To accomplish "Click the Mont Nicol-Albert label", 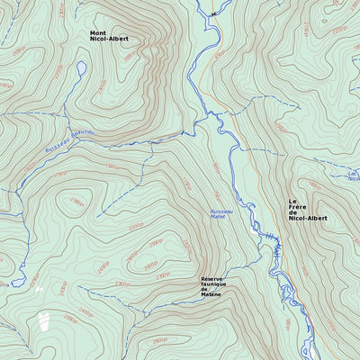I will coord(107,37).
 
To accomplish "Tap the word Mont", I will coord(97,33).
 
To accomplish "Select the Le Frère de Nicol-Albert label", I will coord(308,210).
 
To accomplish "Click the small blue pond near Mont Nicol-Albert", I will coord(82,68).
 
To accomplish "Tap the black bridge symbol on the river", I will coord(213,13).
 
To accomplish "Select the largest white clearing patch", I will coord(45,321).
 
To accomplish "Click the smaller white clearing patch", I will coord(38,289).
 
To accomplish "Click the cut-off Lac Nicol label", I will coord(352,175).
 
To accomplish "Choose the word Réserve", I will coord(212,278).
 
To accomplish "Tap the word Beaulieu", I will coord(81,139).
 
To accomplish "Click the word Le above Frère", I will coord(292,202).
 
